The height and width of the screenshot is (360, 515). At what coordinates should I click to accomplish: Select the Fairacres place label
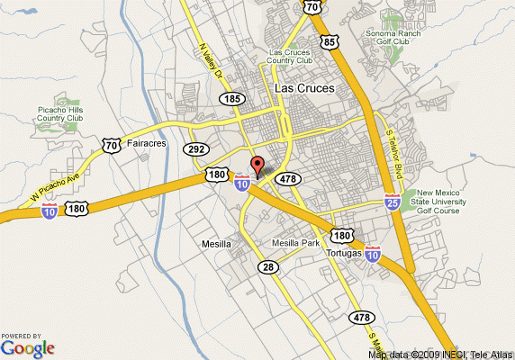tap(148, 142)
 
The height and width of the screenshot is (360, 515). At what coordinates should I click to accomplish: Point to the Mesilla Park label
tap(295, 243)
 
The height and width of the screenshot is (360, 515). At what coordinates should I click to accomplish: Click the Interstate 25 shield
tap(393, 201)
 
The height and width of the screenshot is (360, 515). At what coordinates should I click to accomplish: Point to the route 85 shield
tap(331, 41)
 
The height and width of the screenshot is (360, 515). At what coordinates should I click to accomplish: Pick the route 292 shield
tap(197, 149)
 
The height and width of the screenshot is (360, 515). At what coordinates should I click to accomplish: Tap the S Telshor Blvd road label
tap(393, 153)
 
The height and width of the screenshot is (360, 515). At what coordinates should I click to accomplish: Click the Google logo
tap(28, 347)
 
